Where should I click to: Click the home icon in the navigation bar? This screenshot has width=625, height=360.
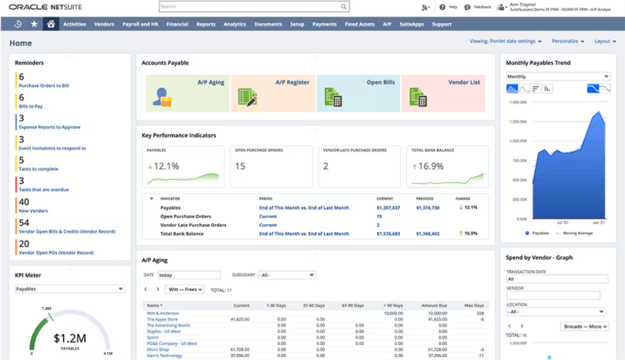(x=51, y=24)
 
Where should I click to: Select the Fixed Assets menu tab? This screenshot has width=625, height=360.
(x=359, y=24)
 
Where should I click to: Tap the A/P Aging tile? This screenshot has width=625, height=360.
(x=188, y=93)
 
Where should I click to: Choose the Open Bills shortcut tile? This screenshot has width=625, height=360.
(x=358, y=93)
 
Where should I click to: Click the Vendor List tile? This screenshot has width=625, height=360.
(x=443, y=93)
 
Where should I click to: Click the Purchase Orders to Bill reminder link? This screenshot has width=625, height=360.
(x=44, y=86)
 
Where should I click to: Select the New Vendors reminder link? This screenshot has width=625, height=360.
(x=34, y=211)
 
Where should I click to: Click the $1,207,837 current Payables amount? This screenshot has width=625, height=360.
(x=388, y=208)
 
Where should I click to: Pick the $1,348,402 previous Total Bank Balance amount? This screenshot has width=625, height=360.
(x=427, y=233)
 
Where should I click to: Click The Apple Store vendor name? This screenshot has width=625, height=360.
(x=162, y=319)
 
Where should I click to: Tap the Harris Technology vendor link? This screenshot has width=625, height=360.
(x=164, y=355)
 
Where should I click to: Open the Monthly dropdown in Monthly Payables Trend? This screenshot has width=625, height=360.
(x=557, y=77)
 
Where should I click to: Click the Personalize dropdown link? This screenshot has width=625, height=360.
(x=568, y=41)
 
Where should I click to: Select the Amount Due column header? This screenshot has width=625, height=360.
(x=434, y=305)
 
